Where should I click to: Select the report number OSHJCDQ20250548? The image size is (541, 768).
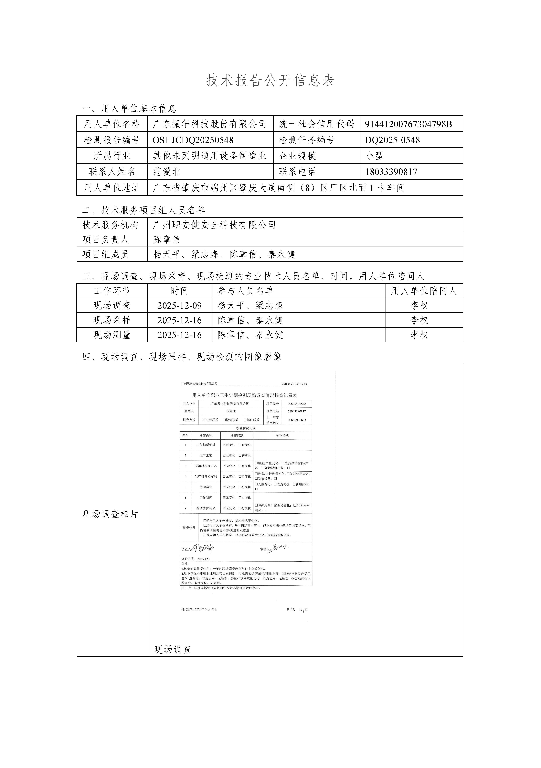(193, 140)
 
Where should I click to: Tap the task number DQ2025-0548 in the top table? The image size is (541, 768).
(392, 140)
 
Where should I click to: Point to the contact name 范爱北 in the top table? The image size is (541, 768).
(167, 172)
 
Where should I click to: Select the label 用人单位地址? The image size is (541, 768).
(112, 188)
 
